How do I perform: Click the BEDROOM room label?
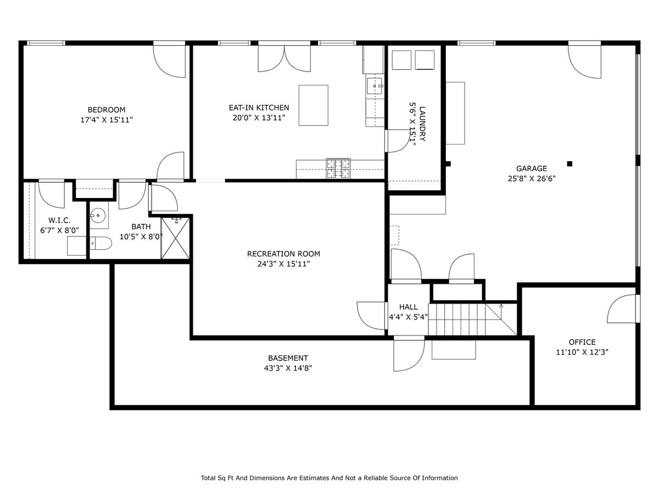point(107,109)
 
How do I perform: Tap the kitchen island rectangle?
point(313,105)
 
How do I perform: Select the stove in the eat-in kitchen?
point(338,168)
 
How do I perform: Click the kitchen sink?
point(374,86)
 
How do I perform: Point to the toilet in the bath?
point(100,243)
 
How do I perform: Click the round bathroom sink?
point(98,216)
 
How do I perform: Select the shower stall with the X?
point(175,238)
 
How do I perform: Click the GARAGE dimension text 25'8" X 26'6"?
point(532,179)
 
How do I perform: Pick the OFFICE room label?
point(582,342)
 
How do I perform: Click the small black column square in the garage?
point(569,164)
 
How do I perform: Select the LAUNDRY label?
point(422,124)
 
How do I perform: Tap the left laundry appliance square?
point(401,60)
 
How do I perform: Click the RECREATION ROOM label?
point(283,254)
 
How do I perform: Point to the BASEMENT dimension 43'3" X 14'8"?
point(288,368)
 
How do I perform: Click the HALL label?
point(409,307)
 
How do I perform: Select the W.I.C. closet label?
point(59,221)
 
